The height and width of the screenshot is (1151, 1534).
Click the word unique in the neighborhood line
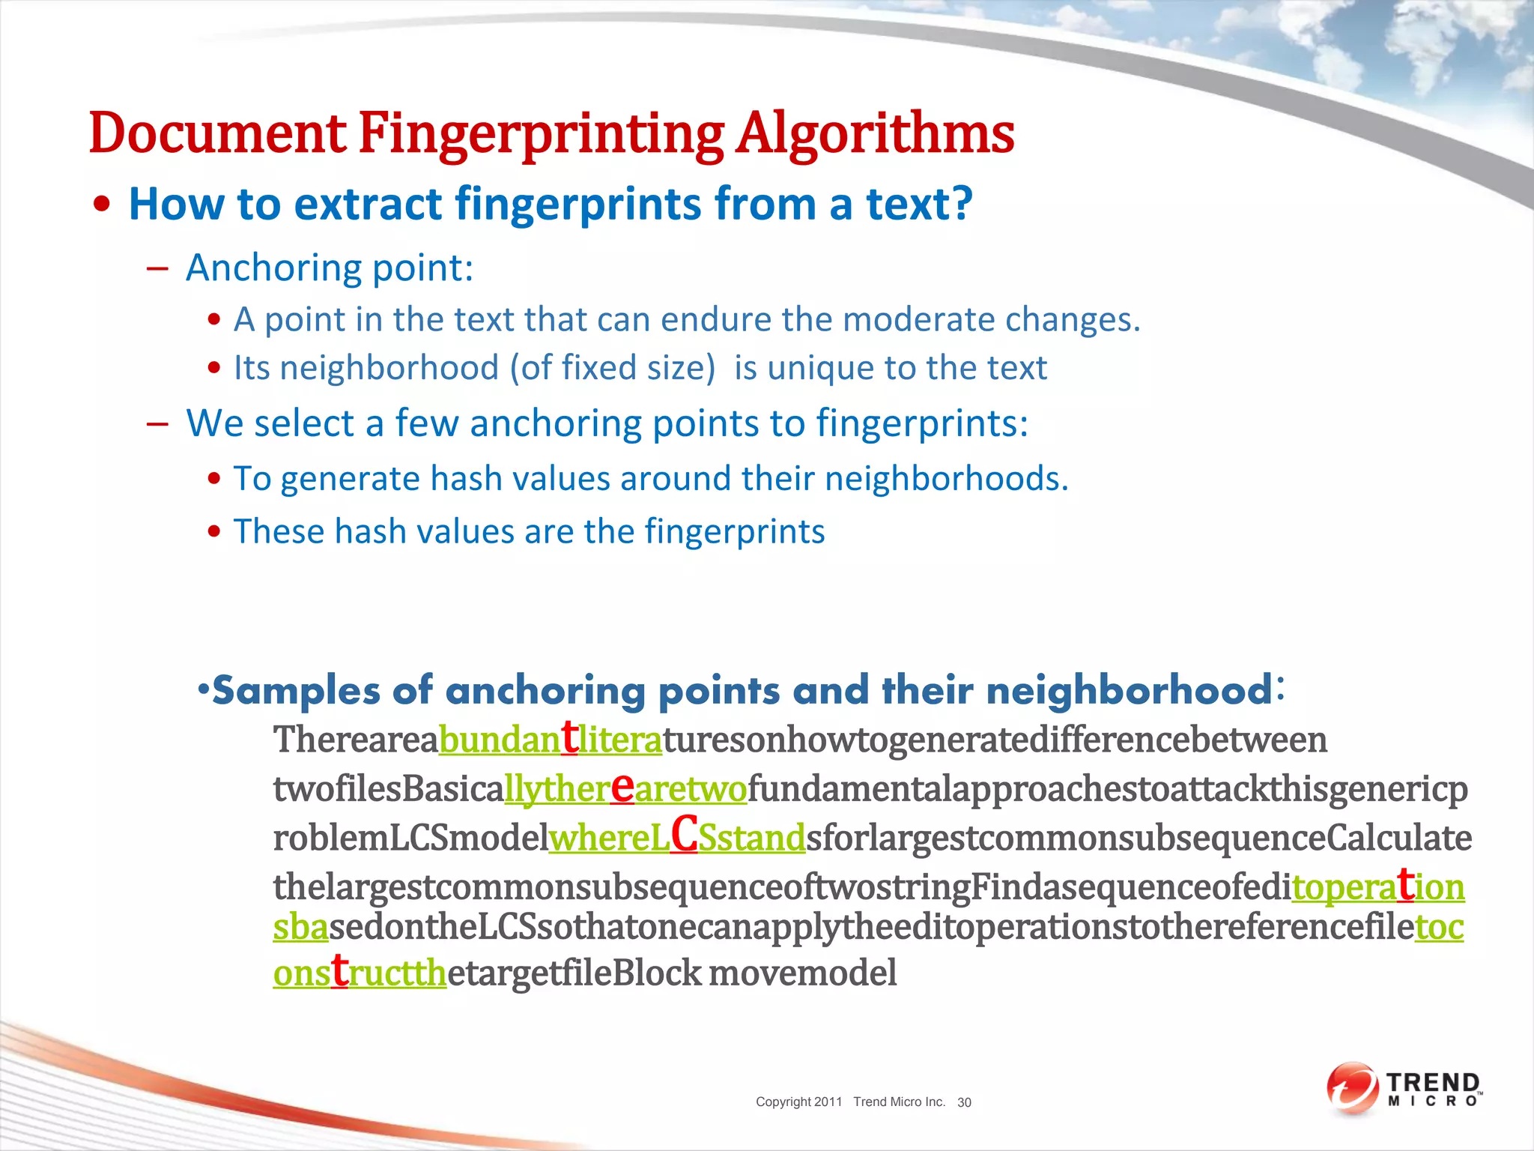(x=822, y=368)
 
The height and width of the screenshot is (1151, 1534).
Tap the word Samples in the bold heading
(x=297, y=690)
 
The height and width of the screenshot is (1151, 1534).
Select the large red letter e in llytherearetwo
(x=622, y=786)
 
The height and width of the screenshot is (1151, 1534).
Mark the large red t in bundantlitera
(x=570, y=737)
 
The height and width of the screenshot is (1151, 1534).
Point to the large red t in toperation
(x=1406, y=884)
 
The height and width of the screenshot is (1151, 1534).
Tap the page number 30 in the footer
(x=964, y=1102)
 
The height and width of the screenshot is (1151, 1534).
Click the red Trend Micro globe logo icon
(x=1352, y=1088)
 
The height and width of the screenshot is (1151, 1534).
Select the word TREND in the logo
(x=1433, y=1083)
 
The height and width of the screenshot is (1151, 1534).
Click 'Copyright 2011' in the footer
(x=798, y=1102)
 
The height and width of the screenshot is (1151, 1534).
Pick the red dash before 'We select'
(x=157, y=424)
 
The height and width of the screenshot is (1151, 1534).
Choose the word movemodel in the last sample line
(x=802, y=973)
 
